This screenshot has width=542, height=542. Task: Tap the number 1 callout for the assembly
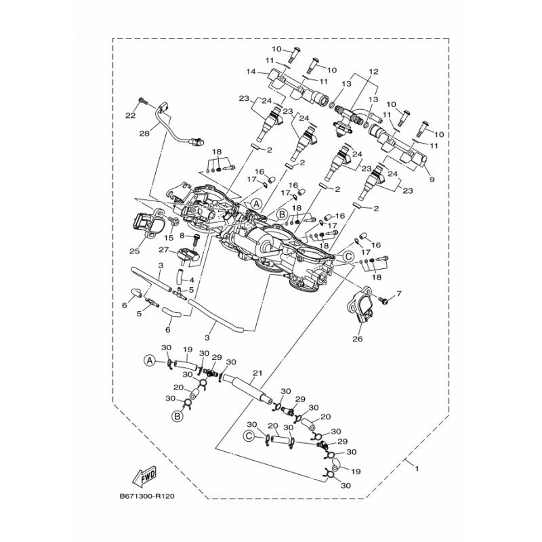[417, 468]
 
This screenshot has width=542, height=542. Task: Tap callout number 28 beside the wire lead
[144, 134]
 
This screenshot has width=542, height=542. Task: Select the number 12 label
[373, 72]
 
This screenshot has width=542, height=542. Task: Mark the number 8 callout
[182, 235]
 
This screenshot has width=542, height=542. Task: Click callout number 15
[170, 237]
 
